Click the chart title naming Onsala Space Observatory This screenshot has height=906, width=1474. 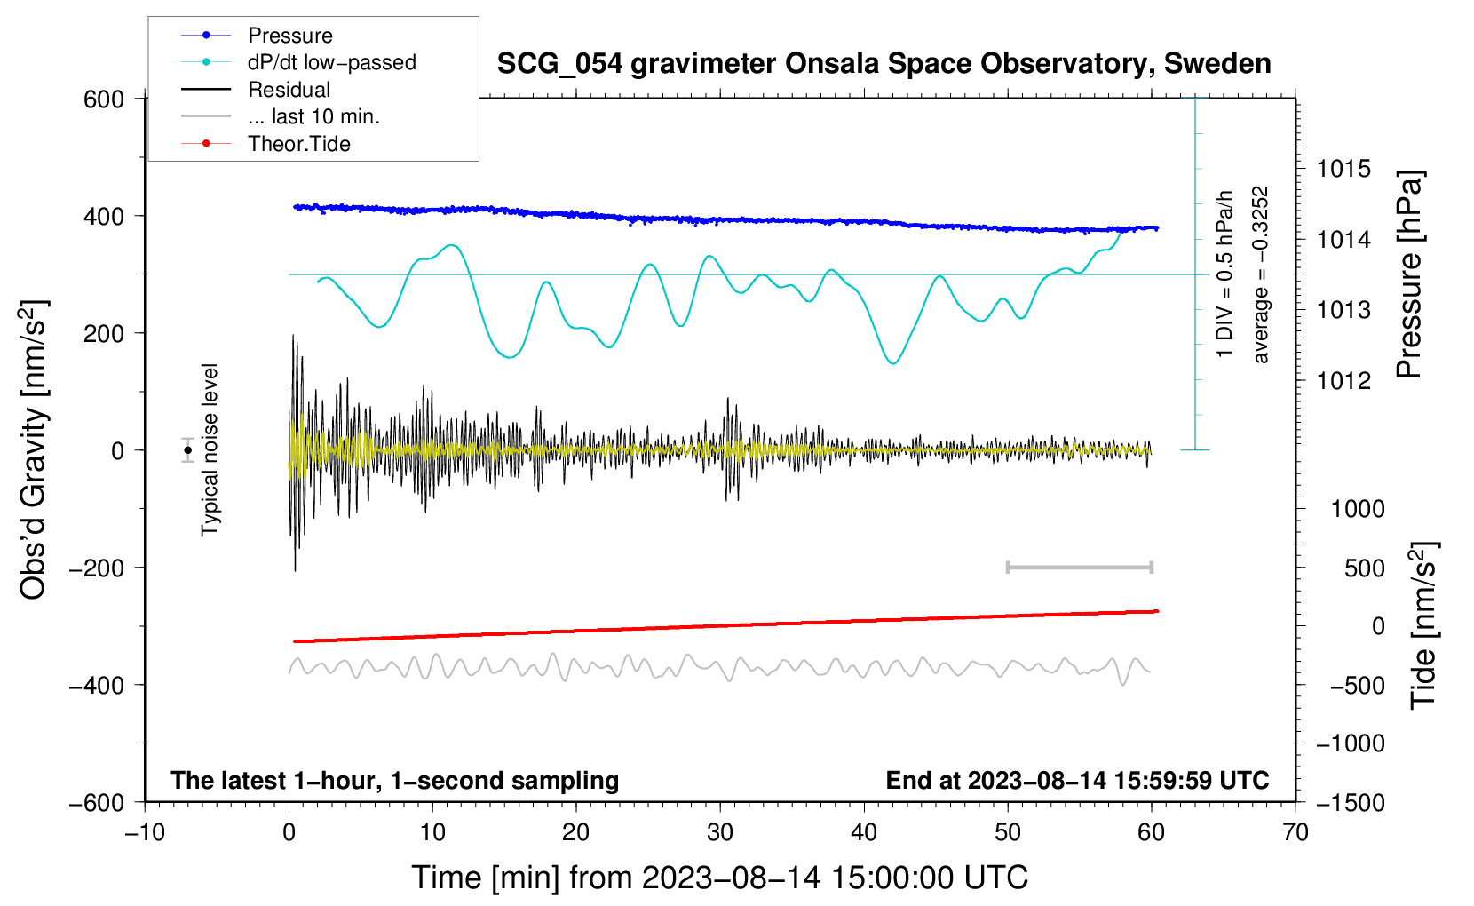884,64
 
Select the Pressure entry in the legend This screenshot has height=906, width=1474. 258,35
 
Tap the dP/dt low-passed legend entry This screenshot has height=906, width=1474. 298,62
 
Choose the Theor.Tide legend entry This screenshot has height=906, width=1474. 265,144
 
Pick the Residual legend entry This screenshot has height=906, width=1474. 256,90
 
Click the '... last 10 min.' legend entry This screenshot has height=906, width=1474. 281,116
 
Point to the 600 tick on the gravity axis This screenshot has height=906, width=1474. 104,99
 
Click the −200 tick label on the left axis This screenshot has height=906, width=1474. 97,568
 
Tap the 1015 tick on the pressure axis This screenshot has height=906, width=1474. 1343,169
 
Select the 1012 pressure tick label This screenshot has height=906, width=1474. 1343,380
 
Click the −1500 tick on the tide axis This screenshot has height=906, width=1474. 1351,803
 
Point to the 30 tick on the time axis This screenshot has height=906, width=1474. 720,832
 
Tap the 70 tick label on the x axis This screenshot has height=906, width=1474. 1295,832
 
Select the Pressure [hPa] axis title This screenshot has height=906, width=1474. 1409,274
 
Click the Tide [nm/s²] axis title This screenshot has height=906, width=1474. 1424,625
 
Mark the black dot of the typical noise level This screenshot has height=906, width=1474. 188,450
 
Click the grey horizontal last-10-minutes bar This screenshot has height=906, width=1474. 1079,568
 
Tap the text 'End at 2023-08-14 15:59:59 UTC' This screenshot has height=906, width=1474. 1077,780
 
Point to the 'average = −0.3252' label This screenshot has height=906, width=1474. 1259,274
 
